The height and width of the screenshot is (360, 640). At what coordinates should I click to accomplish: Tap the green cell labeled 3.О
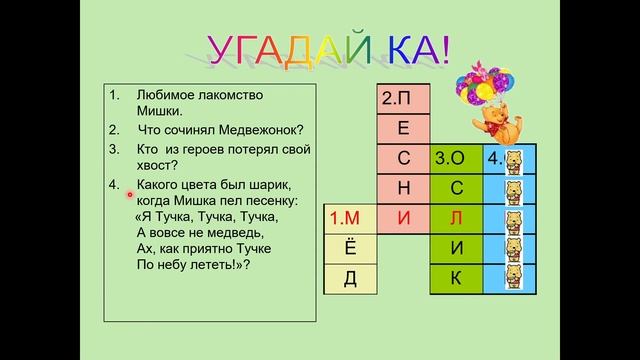[454, 158]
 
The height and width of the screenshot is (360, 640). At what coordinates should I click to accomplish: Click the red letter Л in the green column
[454, 217]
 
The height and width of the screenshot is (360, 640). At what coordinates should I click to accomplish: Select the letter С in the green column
[454, 187]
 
